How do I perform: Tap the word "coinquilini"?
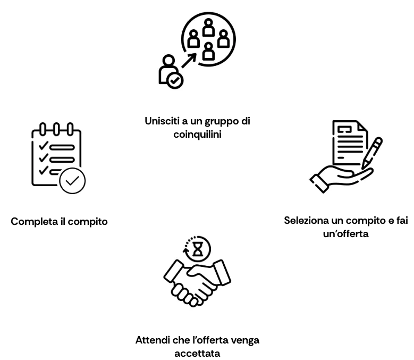click(x=197, y=135)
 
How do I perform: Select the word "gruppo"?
click(x=222, y=122)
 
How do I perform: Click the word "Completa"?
click(x=34, y=222)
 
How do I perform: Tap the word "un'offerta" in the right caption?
click(x=345, y=234)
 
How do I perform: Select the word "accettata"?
click(x=197, y=354)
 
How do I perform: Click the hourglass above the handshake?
click(x=198, y=249)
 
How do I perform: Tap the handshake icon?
click(x=197, y=282)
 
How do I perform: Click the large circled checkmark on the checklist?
click(x=72, y=181)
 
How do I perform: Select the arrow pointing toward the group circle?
click(x=189, y=61)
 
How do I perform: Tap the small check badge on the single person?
click(x=175, y=80)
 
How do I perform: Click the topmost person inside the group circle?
click(x=208, y=28)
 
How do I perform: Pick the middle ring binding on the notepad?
click(x=56, y=129)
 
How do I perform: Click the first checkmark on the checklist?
click(x=43, y=146)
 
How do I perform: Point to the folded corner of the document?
click(x=362, y=127)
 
